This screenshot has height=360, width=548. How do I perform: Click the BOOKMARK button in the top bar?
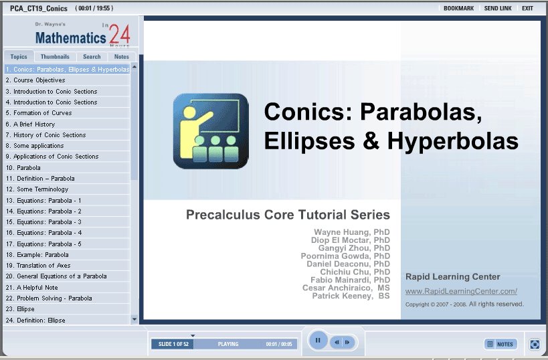point(458,9)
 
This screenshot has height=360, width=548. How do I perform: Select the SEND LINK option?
point(498,9)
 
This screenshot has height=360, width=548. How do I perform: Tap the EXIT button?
point(527,9)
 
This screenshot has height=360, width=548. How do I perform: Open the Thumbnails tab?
point(55,57)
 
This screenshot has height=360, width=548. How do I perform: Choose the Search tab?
point(92,57)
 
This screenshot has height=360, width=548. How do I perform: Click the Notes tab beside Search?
point(121,57)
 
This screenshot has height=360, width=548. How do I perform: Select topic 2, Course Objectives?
point(35,80)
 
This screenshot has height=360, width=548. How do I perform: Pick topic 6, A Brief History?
point(30,124)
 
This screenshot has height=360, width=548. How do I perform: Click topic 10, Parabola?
point(23,168)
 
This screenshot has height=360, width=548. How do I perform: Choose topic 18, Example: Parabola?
point(37,255)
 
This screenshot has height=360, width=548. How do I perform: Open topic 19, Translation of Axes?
point(38,266)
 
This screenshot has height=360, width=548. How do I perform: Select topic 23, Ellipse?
point(20,309)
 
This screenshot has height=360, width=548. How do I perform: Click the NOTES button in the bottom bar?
point(500,344)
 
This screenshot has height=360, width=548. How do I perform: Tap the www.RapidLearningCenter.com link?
point(461,291)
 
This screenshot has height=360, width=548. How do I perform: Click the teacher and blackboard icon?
point(211,131)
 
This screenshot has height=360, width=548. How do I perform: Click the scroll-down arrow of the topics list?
point(134,319)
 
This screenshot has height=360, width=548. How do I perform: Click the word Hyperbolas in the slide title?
point(453,141)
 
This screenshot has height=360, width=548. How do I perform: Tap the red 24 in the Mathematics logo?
point(120,35)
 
